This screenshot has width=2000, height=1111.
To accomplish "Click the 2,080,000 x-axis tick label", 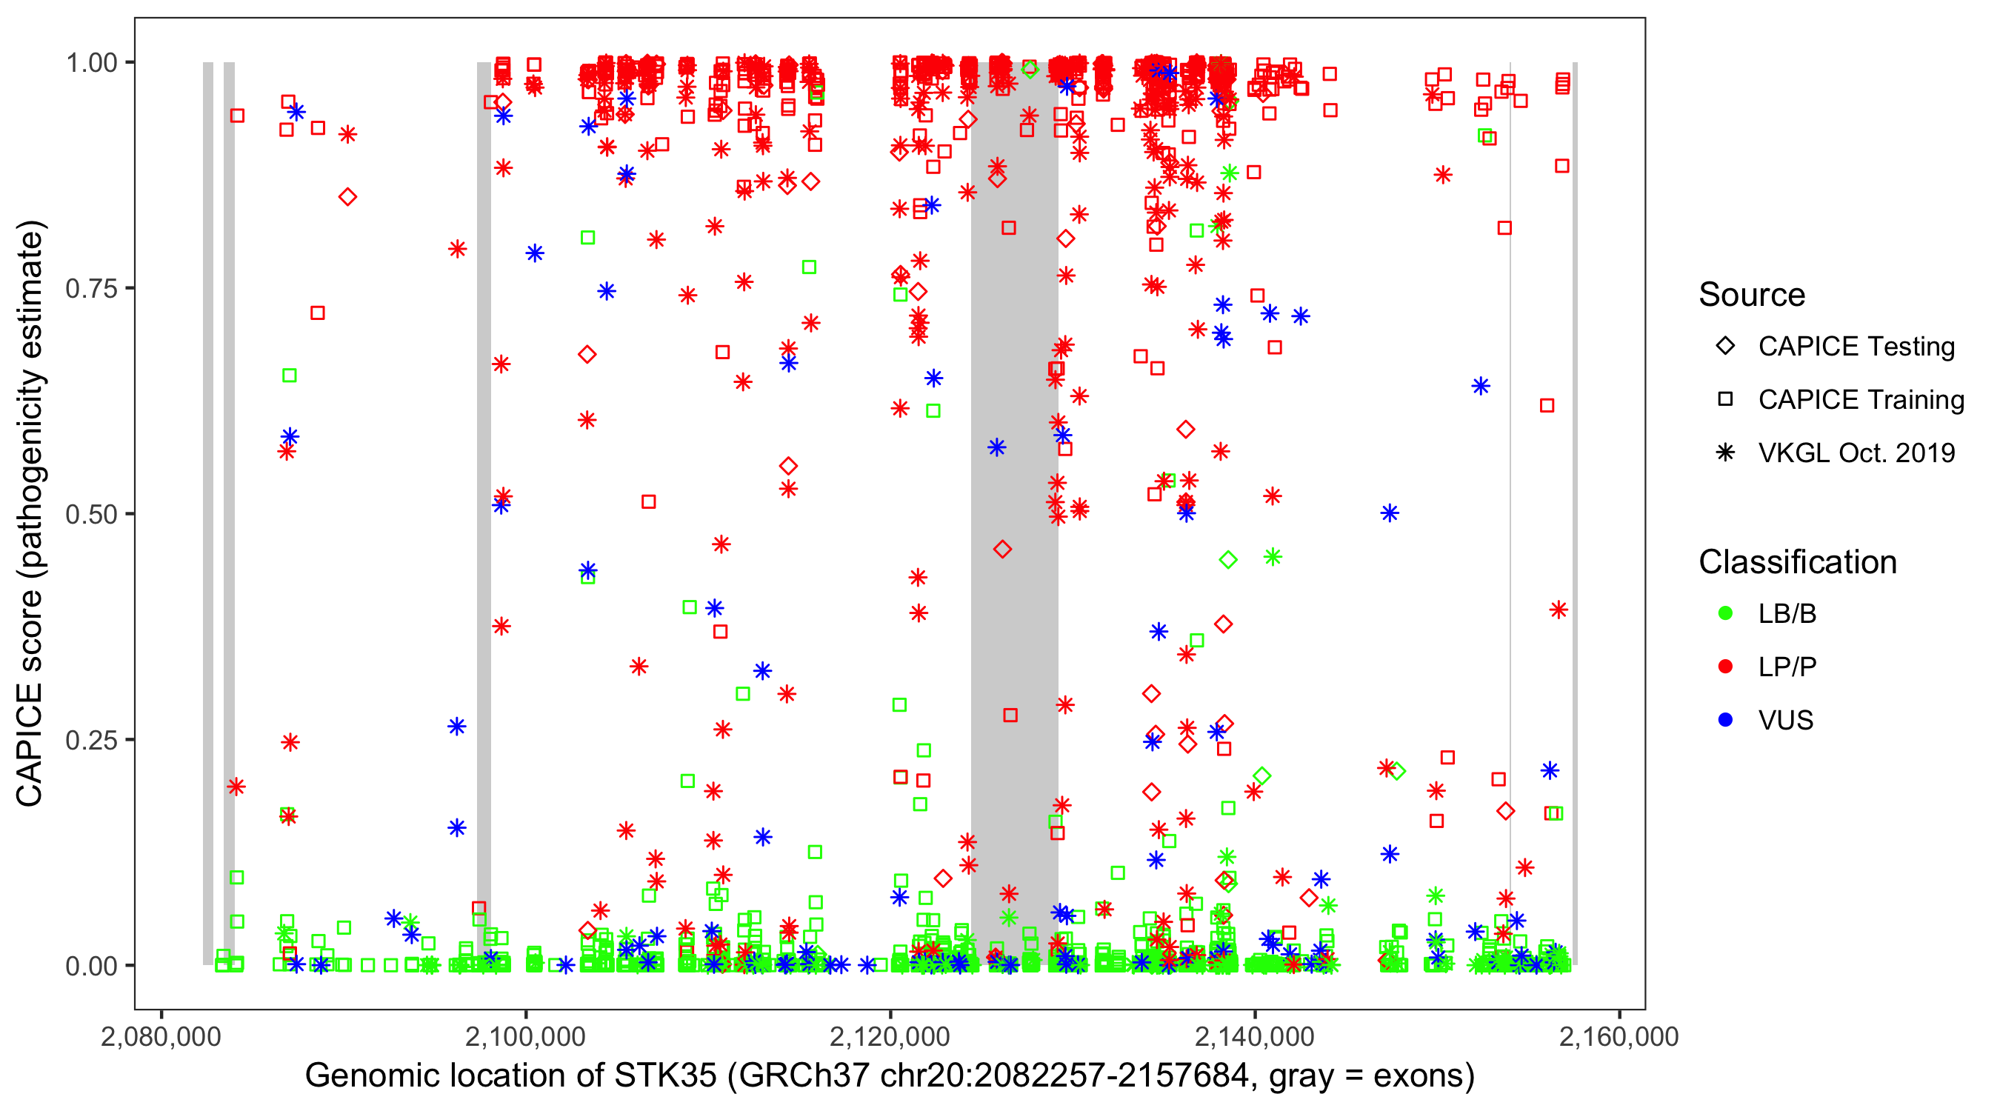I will coord(161,1037).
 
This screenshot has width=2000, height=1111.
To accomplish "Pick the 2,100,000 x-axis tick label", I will coord(527,1037).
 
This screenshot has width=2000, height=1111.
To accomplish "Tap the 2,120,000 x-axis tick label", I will coord(890,1037).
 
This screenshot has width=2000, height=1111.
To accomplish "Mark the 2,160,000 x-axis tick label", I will coord(1619,1037).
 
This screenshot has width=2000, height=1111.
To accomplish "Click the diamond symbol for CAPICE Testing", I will coord(1726,347).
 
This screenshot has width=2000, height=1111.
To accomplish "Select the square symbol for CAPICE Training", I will coord(1726,400).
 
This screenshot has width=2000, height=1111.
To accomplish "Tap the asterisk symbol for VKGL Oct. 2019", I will coord(1726,453).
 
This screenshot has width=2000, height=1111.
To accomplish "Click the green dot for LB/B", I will coord(1726,614).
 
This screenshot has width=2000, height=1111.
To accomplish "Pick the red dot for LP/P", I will coord(1726,667).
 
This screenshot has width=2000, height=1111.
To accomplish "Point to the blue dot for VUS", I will coord(1726,721).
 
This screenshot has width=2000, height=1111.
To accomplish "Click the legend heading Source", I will coord(1752,296).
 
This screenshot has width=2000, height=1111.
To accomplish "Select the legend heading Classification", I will coord(1797,563).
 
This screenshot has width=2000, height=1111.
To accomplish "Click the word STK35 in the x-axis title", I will coord(665,1076).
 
